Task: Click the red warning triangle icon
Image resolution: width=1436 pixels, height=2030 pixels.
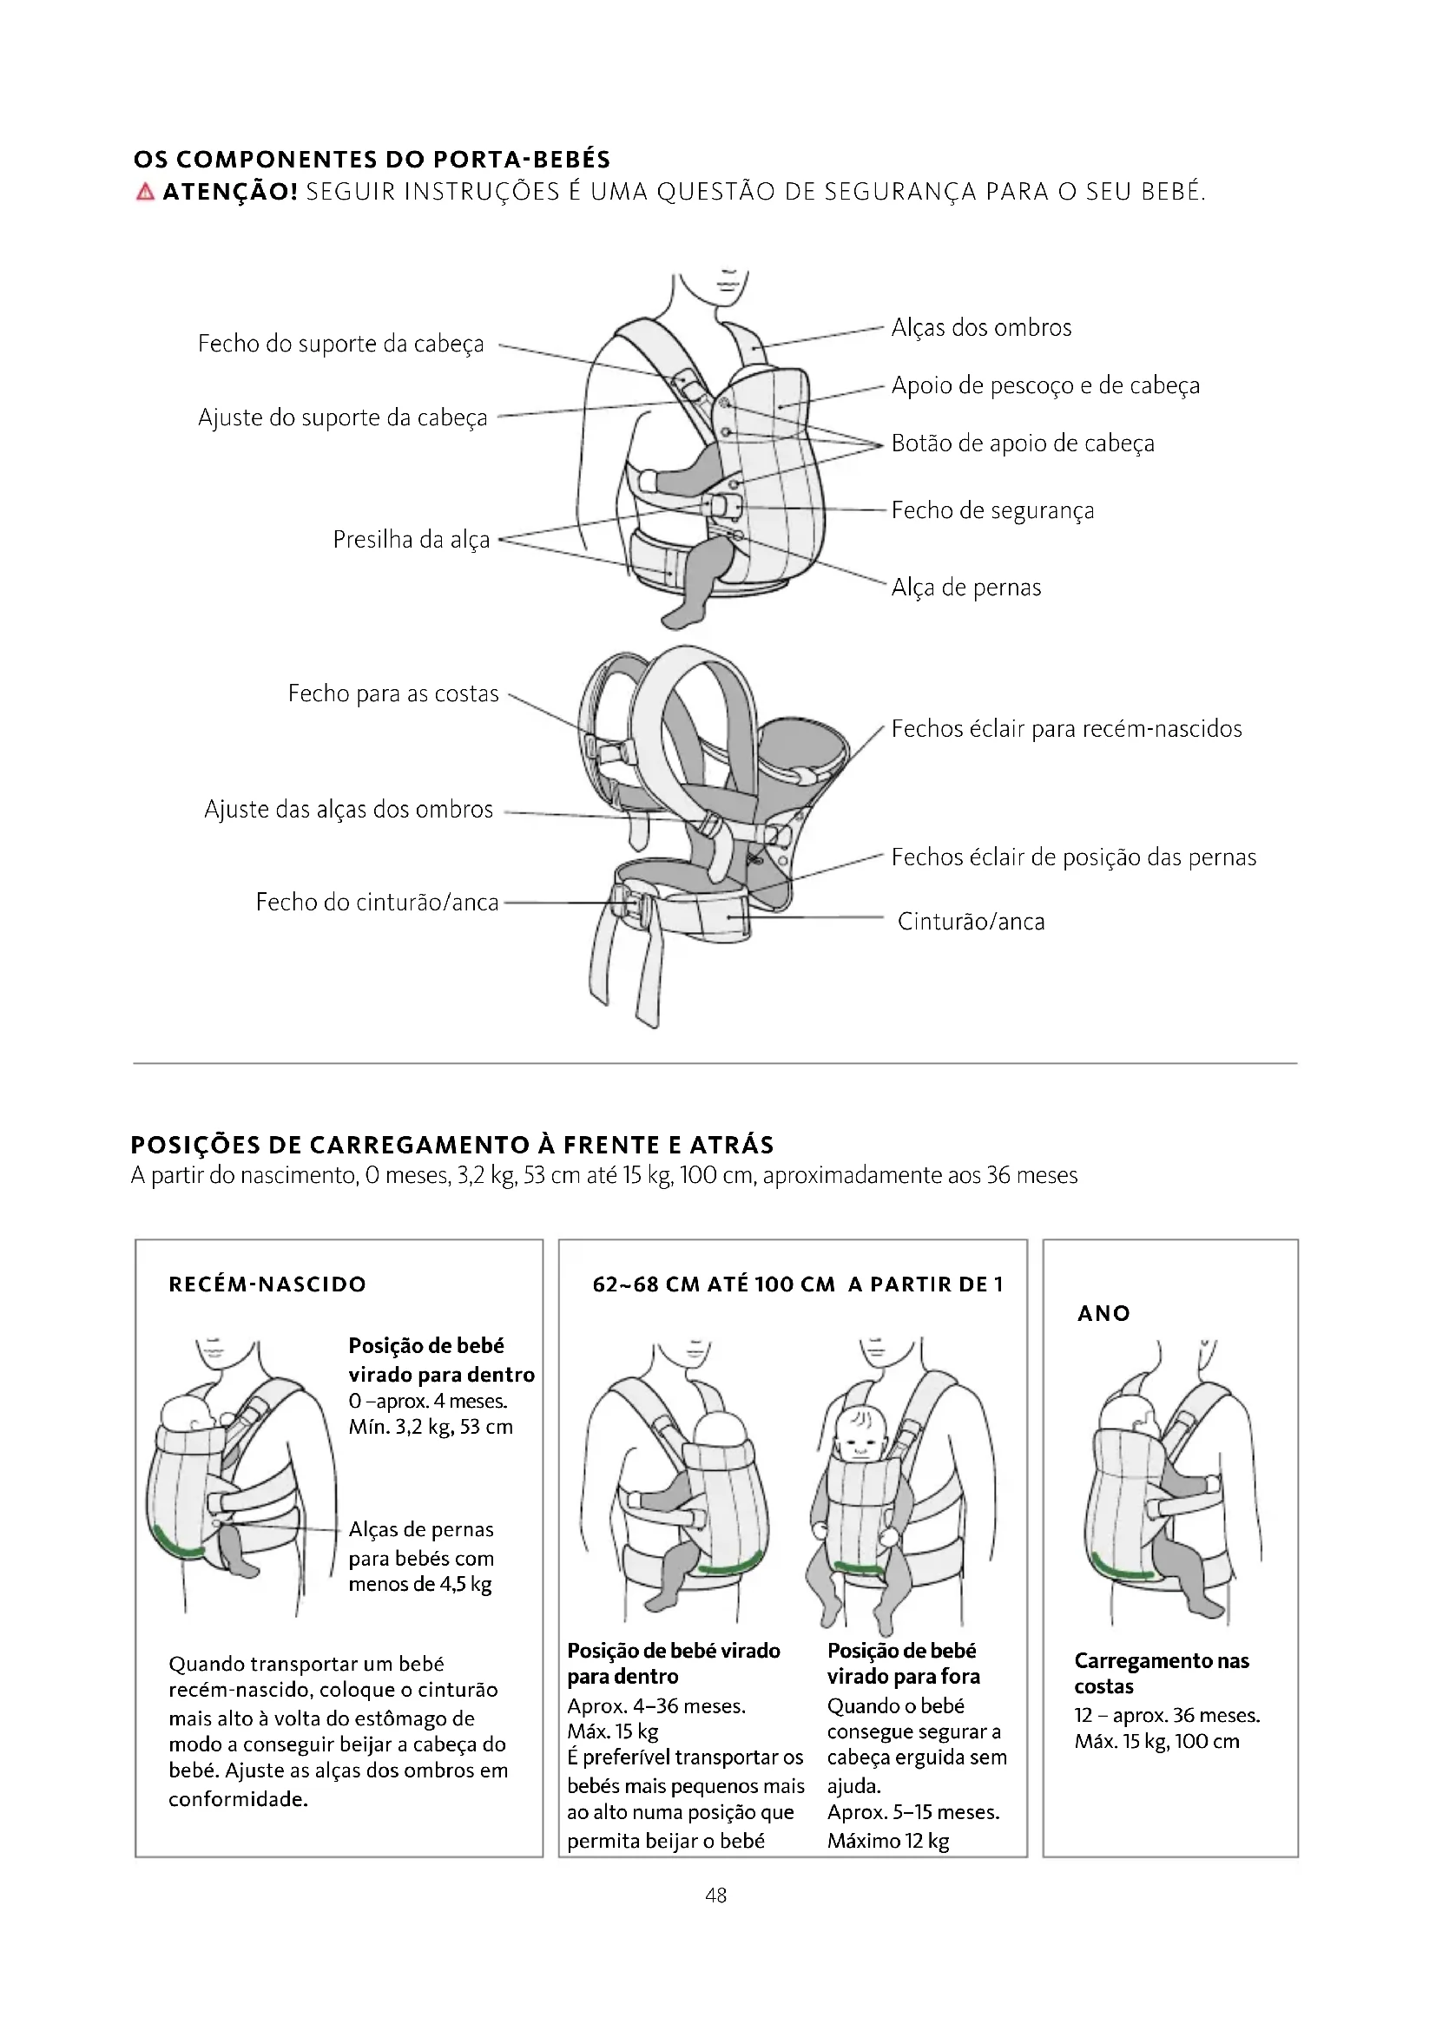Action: pyautogui.click(x=145, y=192)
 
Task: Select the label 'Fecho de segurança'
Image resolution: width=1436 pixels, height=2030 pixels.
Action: pyautogui.click(x=992, y=510)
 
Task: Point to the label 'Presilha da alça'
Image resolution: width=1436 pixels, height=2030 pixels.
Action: pyautogui.click(x=412, y=539)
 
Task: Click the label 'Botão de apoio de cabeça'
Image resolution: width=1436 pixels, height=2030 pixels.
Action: pyautogui.click(x=1022, y=443)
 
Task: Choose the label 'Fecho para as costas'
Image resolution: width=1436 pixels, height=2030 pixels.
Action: pyautogui.click(x=393, y=693)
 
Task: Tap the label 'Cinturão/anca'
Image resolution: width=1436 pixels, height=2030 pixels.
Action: pyautogui.click(x=971, y=922)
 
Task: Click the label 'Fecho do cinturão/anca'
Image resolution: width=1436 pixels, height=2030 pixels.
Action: pyautogui.click(x=378, y=902)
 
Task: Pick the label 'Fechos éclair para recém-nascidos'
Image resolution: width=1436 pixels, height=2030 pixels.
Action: pyautogui.click(x=1066, y=728)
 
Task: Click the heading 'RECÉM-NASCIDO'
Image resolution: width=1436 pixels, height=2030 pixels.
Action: pyautogui.click(x=267, y=1284)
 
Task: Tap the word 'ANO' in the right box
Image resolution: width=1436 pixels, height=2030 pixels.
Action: pyautogui.click(x=1103, y=1314)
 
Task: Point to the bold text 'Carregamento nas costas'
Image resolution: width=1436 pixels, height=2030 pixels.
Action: pyautogui.click(x=1161, y=1672)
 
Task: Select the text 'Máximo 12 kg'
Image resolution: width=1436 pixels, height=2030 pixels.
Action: pyautogui.click(x=888, y=1841)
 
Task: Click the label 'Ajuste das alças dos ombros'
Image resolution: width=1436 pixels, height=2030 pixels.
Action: pyautogui.click(x=348, y=809)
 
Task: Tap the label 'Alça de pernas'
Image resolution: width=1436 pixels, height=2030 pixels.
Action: pyautogui.click(x=965, y=587)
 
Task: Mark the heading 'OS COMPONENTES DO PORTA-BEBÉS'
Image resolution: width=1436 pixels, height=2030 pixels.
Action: pyautogui.click(x=372, y=160)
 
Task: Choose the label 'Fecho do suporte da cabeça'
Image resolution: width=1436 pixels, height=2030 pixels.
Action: pyautogui.click(x=340, y=344)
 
